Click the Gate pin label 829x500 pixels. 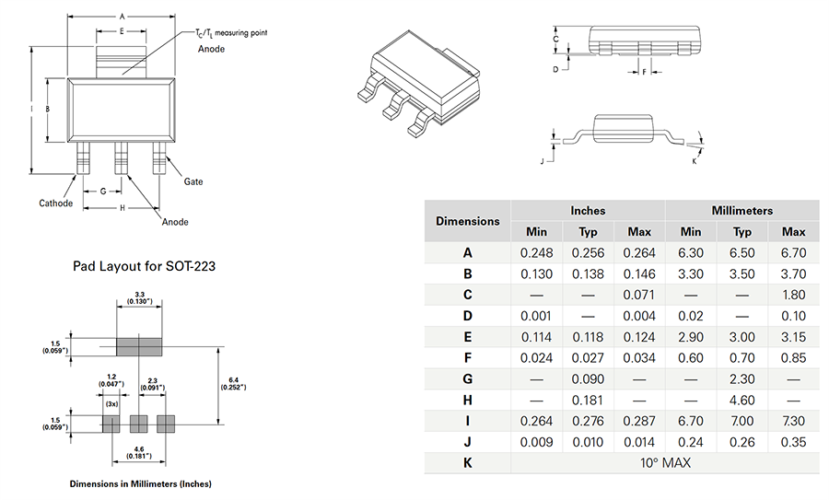coord(193,181)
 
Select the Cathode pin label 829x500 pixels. coord(55,203)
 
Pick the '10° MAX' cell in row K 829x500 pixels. coord(665,461)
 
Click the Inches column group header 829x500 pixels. coord(588,210)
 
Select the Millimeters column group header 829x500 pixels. coord(741,210)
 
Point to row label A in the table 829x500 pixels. coord(468,252)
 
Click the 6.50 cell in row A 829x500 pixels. coord(741,252)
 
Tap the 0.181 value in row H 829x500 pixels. coord(588,400)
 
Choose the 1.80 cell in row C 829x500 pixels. coord(792,295)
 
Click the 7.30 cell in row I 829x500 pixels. coord(792,421)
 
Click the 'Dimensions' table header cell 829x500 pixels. coord(468,221)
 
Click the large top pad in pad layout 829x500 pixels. coord(138,346)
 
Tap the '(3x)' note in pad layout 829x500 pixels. coord(111,403)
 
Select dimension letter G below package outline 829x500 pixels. coord(103,191)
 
